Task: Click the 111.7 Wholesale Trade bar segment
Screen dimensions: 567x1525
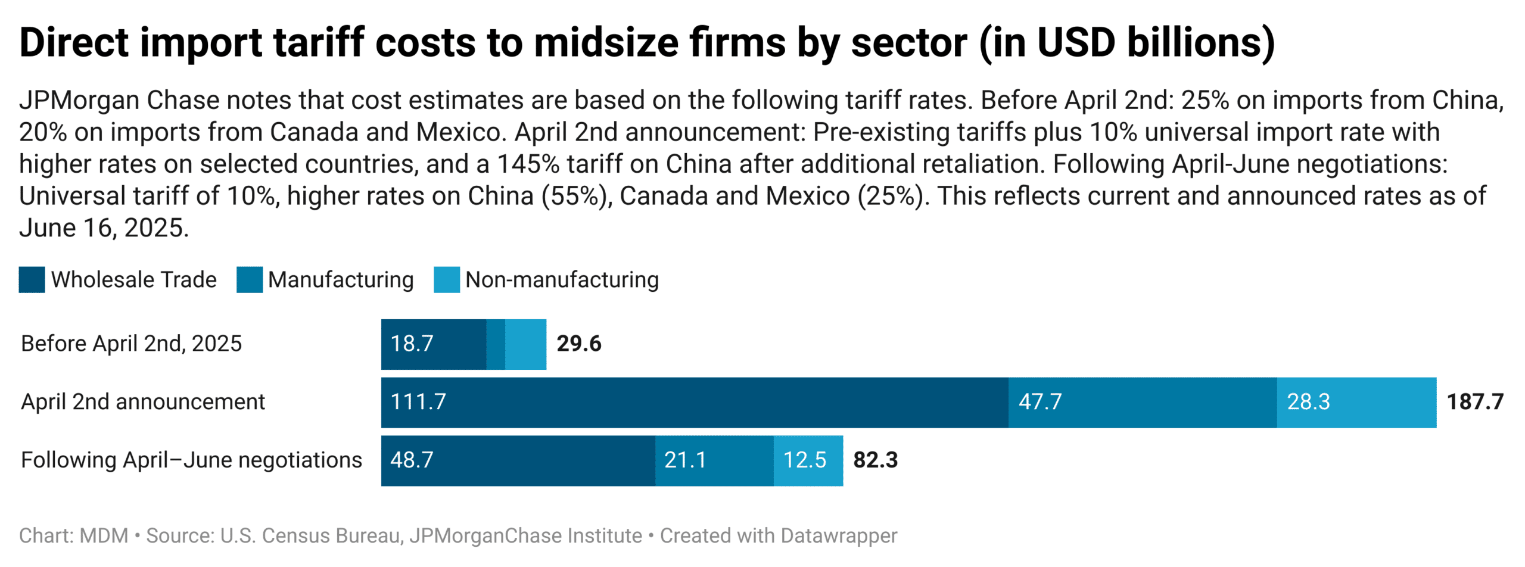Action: tap(694, 402)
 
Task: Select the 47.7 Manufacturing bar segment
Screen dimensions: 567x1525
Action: tap(1142, 402)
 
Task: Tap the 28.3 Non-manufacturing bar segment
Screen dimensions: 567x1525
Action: tap(1356, 402)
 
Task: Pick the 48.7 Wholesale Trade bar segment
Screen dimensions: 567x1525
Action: tap(517, 460)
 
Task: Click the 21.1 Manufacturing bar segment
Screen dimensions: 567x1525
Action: tap(714, 460)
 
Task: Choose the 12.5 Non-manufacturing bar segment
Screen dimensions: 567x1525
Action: tap(807, 460)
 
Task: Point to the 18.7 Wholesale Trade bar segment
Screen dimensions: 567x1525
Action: tap(433, 344)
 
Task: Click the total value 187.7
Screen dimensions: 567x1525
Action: tap(1474, 402)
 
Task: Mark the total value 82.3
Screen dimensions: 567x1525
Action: tap(874, 460)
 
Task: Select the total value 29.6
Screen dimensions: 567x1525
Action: tap(578, 344)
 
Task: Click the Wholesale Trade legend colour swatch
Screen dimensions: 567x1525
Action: tap(32, 279)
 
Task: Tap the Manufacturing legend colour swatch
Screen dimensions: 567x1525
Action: tap(249, 279)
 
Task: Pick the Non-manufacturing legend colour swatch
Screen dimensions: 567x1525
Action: tap(446, 279)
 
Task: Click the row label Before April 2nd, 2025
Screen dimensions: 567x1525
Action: tap(131, 344)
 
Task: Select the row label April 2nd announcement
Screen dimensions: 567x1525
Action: tap(142, 402)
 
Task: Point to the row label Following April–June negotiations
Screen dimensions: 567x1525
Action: tap(191, 460)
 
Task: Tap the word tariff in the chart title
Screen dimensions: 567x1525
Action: tap(318, 43)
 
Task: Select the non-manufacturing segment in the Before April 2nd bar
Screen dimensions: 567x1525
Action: tap(525, 344)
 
